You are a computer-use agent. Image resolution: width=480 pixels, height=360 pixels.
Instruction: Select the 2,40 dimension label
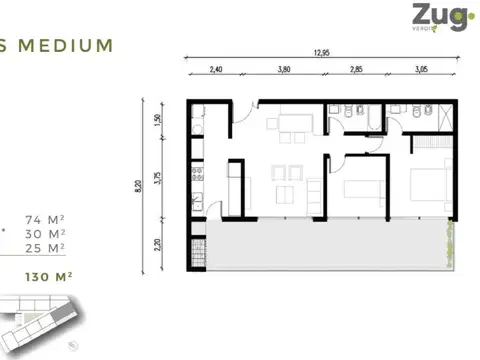(x=214, y=70)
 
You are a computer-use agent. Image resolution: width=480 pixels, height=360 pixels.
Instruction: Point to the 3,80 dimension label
(x=284, y=70)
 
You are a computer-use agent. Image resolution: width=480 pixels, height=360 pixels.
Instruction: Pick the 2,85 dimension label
(x=357, y=70)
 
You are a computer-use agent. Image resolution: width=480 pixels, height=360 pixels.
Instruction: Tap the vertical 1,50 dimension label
(x=157, y=119)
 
